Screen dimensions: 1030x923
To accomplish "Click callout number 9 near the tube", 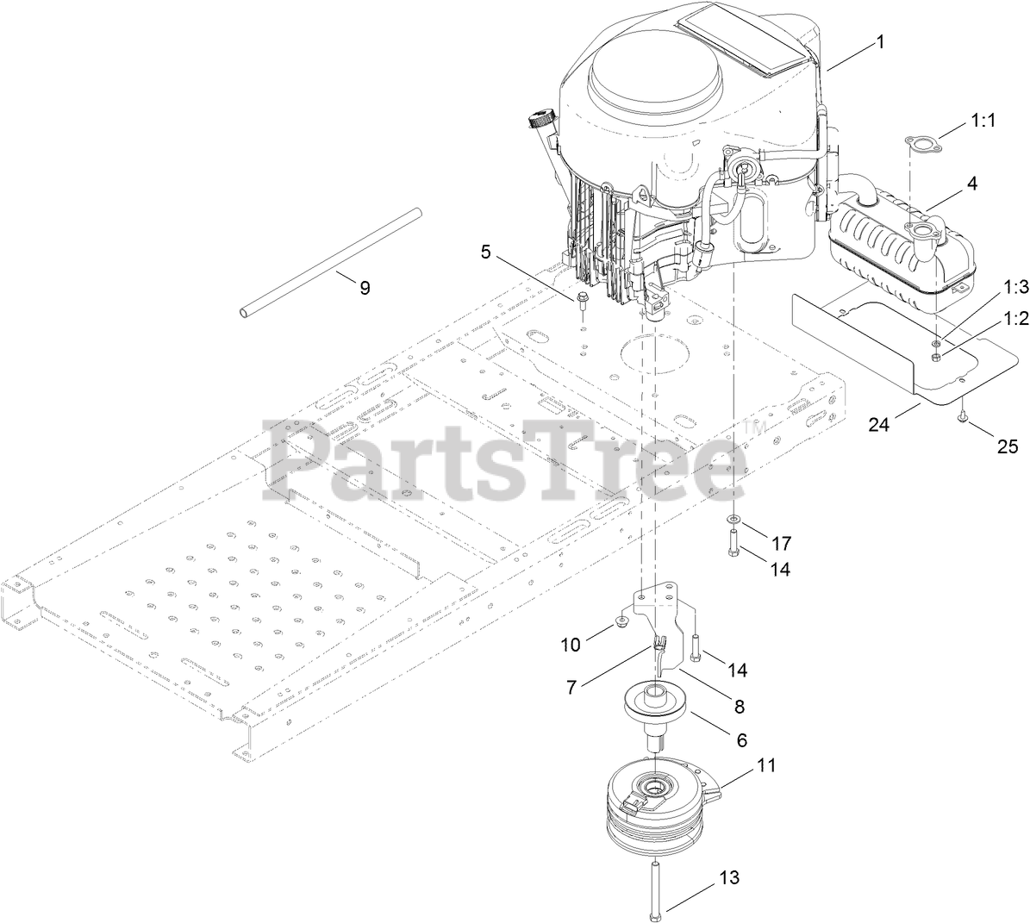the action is (365, 288).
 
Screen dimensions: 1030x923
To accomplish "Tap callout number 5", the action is (486, 253).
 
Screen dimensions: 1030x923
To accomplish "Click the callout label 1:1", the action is (982, 122).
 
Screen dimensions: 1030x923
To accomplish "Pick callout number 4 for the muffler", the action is (971, 183).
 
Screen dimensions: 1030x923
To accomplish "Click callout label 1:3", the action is (991, 285).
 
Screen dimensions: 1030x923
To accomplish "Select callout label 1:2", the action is (991, 318).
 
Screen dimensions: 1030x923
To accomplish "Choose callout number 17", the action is (781, 544).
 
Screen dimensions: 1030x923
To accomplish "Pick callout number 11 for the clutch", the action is (765, 764).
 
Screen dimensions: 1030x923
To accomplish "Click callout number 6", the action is (740, 739).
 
